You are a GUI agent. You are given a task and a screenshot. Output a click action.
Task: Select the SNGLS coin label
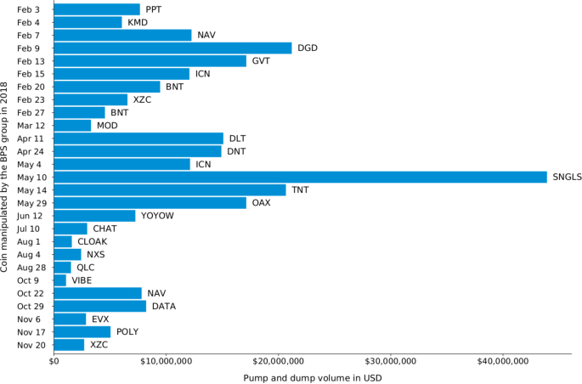tap(567, 177)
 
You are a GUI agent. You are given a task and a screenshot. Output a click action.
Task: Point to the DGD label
tap(308, 48)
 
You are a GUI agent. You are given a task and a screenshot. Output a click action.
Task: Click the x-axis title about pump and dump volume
tap(312, 377)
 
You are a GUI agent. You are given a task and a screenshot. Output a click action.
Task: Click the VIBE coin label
tap(82, 280)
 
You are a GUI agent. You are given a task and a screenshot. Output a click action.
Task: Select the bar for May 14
tap(170, 189)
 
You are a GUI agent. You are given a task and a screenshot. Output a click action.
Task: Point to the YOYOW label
tap(157, 216)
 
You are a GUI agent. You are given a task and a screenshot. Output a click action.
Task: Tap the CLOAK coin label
tap(93, 241)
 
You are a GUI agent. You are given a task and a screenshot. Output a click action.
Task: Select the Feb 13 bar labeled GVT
tap(150, 61)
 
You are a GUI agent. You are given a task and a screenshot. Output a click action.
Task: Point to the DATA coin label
tap(164, 306)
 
